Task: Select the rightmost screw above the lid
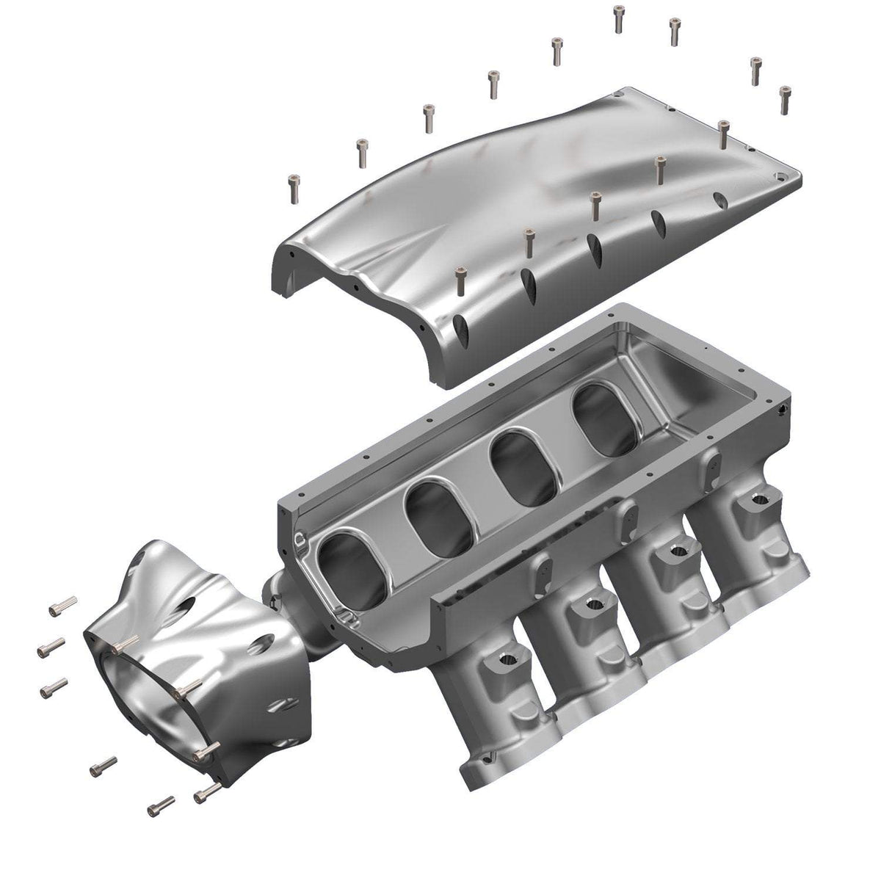coord(785,100)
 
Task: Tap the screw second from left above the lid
coord(361,152)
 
